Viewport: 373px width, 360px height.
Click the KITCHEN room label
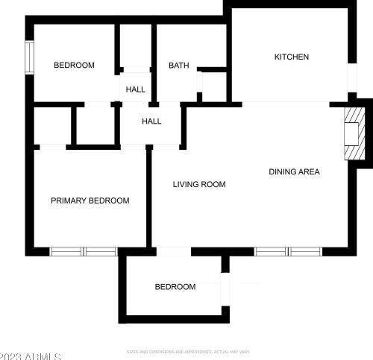click(291, 57)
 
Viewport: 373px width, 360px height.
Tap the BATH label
click(178, 66)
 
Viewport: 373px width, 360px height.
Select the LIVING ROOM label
click(199, 184)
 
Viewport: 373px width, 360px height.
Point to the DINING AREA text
click(294, 172)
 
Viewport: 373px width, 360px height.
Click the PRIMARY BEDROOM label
click(90, 200)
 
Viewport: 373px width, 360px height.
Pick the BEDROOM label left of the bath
click(74, 66)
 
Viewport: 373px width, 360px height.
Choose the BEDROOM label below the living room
click(175, 287)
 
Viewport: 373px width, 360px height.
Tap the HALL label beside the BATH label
click(136, 89)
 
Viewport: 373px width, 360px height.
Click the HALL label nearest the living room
click(151, 121)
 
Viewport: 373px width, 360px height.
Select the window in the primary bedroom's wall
click(84, 251)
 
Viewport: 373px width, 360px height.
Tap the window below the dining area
click(289, 251)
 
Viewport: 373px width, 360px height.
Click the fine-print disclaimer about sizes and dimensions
click(187, 351)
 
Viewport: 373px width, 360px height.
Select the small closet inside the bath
click(213, 86)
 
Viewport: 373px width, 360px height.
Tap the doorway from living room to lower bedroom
click(174, 252)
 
